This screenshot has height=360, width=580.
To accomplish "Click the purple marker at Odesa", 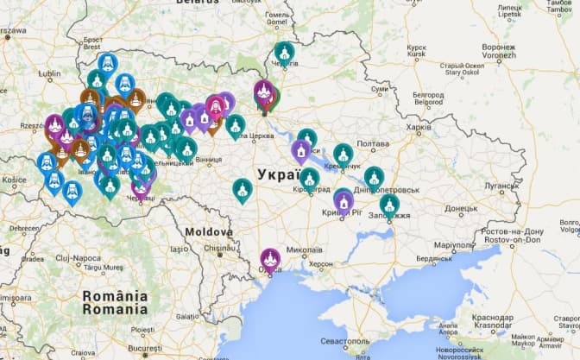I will [x=270, y=258].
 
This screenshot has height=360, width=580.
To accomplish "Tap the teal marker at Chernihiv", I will [x=284, y=53].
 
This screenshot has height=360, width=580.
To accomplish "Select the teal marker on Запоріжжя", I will [x=389, y=205].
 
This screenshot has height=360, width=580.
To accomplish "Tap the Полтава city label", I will [x=373, y=144].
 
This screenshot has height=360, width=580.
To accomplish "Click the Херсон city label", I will [x=320, y=263].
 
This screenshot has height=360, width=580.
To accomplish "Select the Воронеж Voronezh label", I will [x=500, y=52].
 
